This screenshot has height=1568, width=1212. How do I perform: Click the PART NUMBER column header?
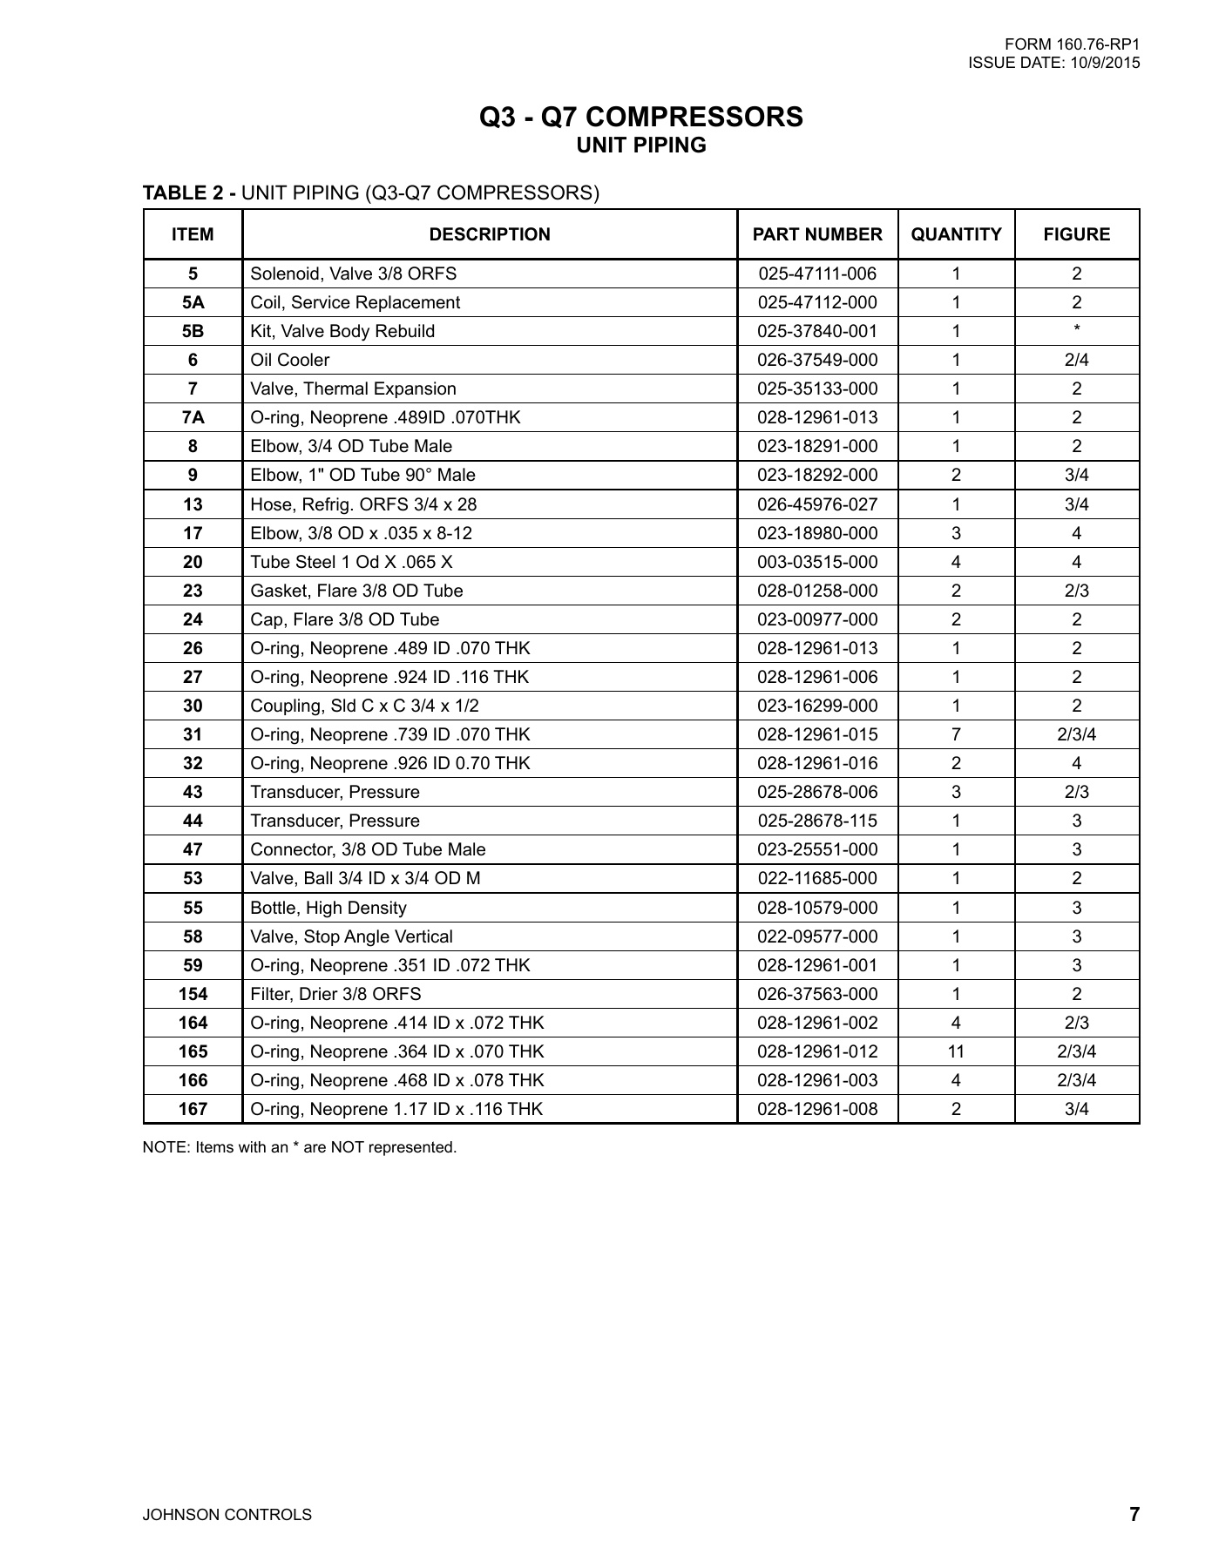tap(817, 234)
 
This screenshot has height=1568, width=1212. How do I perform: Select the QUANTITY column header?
tap(956, 234)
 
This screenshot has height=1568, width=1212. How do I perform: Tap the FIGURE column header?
tap(1077, 234)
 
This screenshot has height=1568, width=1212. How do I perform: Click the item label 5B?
tap(193, 331)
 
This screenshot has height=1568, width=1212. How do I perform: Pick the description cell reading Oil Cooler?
tap(290, 360)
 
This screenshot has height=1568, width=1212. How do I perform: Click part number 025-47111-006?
tap(817, 274)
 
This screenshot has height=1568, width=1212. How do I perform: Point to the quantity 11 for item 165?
tap(956, 1051)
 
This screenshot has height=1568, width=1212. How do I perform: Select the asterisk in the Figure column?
tap(1077, 329)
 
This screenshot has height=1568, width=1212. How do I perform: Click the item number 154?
tap(193, 994)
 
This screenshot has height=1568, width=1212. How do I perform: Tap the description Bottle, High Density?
tap(328, 908)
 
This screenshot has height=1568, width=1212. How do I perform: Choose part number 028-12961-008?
tap(817, 1109)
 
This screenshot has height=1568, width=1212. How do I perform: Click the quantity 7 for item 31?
tap(956, 734)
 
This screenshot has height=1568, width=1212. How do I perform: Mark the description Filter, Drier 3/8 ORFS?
tap(335, 994)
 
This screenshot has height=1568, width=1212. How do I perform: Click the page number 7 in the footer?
tap(1134, 1514)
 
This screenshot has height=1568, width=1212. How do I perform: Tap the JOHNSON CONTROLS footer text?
tap(227, 1515)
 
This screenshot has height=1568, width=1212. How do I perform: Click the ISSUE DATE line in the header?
tap(1053, 63)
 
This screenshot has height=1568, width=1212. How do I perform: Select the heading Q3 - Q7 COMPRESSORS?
tap(641, 117)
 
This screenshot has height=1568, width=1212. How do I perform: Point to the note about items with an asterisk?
tap(300, 1147)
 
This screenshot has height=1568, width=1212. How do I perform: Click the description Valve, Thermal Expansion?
tap(353, 389)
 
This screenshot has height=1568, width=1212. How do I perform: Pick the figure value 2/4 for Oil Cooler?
tap(1077, 360)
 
